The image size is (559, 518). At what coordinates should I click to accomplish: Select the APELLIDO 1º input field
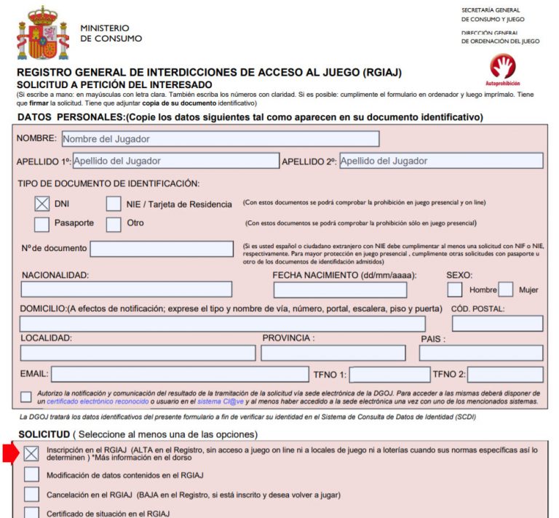pos(175,161)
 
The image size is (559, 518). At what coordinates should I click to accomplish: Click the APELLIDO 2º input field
pos(441,161)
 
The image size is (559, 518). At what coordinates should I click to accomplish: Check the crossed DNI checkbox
pos(42,204)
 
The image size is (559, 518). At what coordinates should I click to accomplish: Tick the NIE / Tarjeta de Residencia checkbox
pos(114,204)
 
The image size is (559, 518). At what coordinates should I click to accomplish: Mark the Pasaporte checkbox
pos(42,223)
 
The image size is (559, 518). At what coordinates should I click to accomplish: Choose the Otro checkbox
pos(114,223)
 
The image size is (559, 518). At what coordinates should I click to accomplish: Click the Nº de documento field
pos(163,249)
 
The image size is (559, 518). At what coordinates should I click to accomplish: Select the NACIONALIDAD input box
pos(126,290)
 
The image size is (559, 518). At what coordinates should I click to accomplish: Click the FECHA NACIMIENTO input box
pos(340,290)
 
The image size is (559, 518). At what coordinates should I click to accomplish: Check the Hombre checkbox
pos(455,290)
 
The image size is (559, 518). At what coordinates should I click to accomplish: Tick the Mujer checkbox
pos(506,290)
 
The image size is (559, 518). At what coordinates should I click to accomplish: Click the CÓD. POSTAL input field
pos(497,324)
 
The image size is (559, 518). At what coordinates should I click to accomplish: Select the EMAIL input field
pos(180,375)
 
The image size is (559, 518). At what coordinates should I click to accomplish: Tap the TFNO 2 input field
pos(499,375)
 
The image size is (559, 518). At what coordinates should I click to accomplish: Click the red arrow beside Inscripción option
pos(9,453)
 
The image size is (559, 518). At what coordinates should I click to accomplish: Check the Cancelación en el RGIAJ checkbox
pos(31,494)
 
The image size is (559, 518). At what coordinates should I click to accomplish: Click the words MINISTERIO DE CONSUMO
pos(111,33)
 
